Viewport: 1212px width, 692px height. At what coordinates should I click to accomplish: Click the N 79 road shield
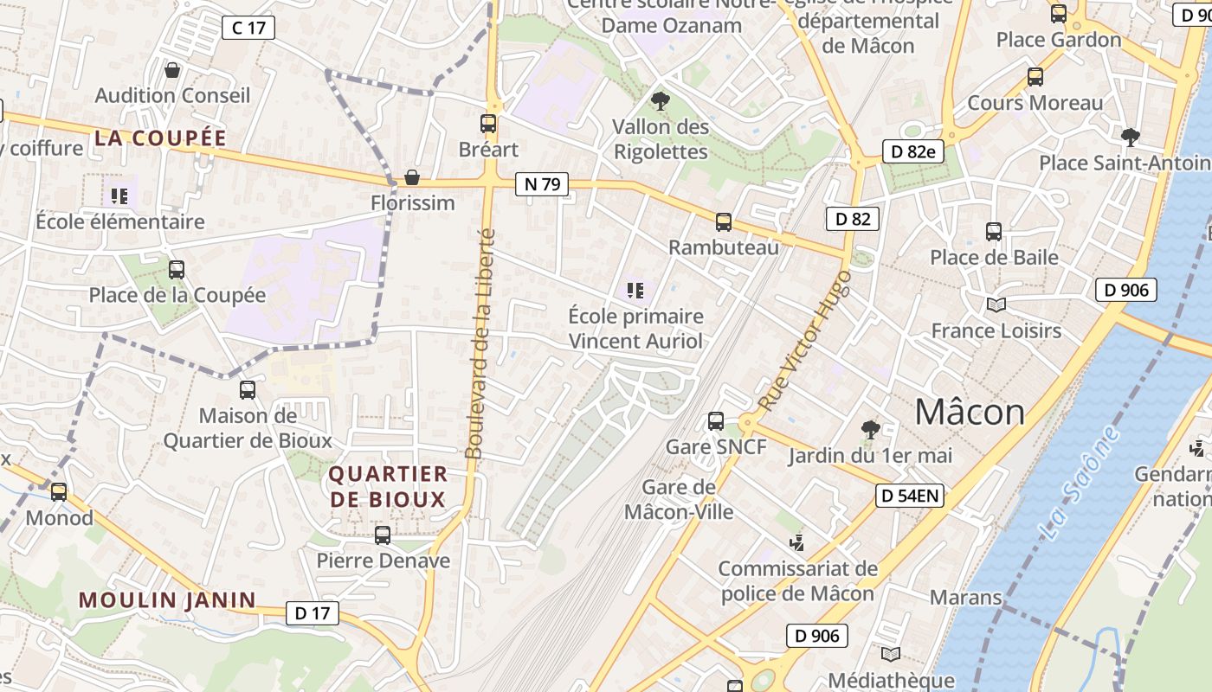542,183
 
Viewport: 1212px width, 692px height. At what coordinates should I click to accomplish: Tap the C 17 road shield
248,28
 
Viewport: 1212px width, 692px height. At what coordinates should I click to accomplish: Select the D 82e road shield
912,151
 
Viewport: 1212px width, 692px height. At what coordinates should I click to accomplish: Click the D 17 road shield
312,613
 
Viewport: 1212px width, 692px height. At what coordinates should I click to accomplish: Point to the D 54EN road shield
909,496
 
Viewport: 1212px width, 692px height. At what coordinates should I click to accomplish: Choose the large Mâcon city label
970,412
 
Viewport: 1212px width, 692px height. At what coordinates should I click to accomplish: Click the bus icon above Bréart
488,124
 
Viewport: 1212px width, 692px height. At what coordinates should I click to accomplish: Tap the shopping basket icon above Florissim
412,177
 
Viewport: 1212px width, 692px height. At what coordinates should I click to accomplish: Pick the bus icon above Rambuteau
724,222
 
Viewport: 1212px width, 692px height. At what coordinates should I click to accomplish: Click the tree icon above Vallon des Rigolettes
660,101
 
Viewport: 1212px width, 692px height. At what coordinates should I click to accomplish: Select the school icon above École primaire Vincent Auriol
635,291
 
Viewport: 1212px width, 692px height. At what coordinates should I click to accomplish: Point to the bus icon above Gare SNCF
716,421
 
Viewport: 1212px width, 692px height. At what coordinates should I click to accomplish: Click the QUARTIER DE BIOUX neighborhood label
388,486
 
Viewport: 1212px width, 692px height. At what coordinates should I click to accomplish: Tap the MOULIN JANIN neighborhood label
167,599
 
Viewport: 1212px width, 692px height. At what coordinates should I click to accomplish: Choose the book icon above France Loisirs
996,304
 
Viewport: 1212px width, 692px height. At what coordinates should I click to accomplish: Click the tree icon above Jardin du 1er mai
869,429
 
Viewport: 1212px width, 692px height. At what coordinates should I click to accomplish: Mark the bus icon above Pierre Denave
383,535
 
